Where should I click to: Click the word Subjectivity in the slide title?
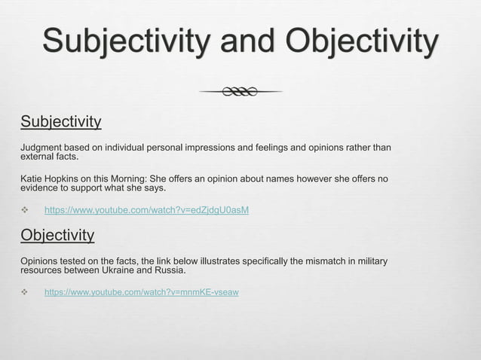tap(124, 41)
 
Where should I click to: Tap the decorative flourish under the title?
tap(240, 92)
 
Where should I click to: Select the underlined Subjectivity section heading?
tap(60, 121)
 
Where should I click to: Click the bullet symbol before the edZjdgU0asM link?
tap(23, 209)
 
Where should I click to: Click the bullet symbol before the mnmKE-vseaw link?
tap(23, 291)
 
